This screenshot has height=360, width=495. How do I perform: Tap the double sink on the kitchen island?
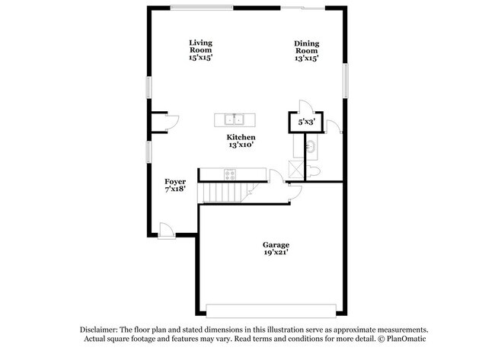pyautogui.click(x=235, y=119)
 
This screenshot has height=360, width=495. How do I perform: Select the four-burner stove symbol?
pyautogui.click(x=230, y=174)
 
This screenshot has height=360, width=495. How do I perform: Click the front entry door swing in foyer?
pyautogui.click(x=166, y=228)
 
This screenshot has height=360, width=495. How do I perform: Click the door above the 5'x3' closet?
pyautogui.click(x=303, y=107)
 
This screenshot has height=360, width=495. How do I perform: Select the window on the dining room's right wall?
pyautogui.click(x=346, y=81)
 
